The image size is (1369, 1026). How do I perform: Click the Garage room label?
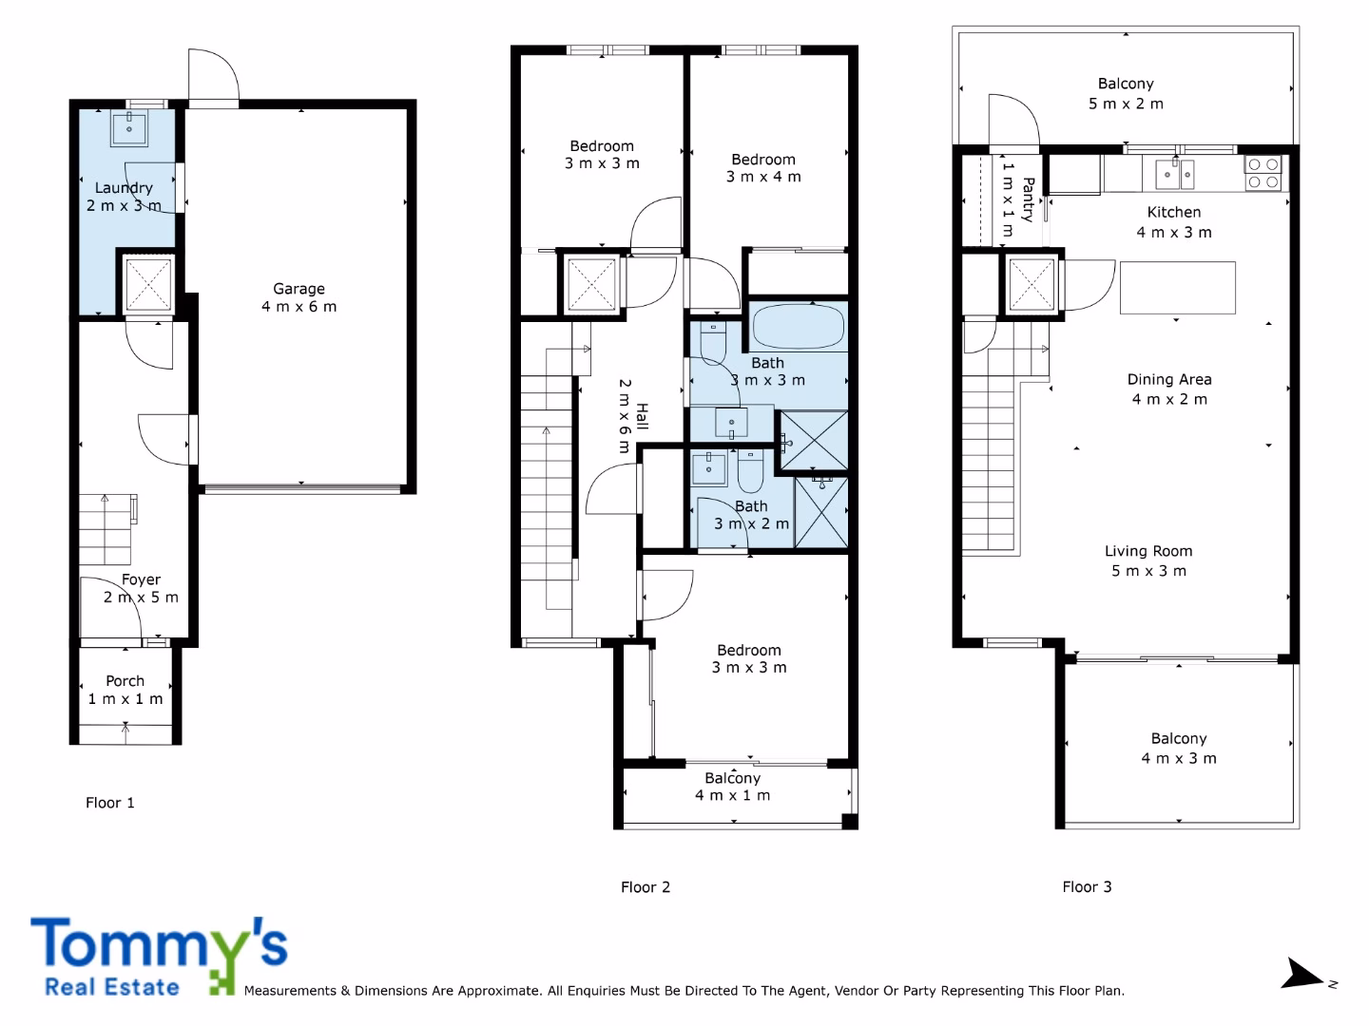click(299, 297)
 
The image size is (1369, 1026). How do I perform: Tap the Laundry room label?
click(124, 197)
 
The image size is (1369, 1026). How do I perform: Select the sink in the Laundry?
click(129, 128)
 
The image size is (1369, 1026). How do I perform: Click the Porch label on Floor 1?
click(125, 691)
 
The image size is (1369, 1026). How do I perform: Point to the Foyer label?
click(141, 589)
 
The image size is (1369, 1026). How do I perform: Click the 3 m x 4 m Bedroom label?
click(763, 168)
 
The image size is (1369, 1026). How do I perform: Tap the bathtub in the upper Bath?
click(799, 326)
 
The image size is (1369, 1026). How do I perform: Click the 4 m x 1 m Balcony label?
click(733, 787)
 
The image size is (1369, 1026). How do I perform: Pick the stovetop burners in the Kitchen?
click(1263, 173)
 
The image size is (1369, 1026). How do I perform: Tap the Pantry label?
click(1018, 199)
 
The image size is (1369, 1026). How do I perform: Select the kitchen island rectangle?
click(1178, 288)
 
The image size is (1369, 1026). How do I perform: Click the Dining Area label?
click(1169, 389)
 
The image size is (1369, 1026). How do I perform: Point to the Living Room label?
click(1148, 560)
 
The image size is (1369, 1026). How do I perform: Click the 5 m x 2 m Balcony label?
click(1126, 93)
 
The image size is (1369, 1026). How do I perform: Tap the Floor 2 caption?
click(646, 887)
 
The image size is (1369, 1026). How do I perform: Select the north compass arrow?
click(1302, 974)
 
